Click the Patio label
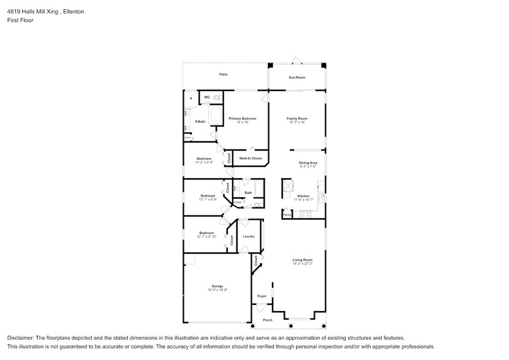click(224, 75)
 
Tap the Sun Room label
click(297, 78)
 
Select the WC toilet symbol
click(217, 97)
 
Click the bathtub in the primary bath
click(216, 115)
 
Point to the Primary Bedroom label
click(242, 118)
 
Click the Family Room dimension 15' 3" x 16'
click(297, 122)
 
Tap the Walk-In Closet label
click(251, 159)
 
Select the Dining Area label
click(307, 162)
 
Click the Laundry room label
click(248, 236)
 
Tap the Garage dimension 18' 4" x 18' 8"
click(217, 290)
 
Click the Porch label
click(267, 320)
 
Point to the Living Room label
click(302, 260)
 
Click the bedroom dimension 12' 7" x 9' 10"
click(206, 237)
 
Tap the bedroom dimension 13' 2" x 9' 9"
click(204, 163)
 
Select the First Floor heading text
click(20, 20)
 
